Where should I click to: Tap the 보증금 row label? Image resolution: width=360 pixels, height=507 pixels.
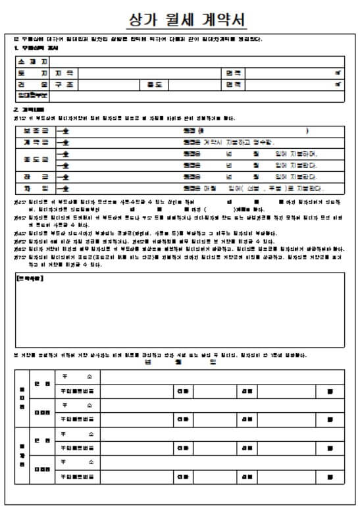(x=36, y=131)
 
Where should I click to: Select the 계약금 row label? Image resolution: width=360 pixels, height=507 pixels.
(x=36, y=142)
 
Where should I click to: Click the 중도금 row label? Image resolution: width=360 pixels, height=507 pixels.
(x=36, y=159)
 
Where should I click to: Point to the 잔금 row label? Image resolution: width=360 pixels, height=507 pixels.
(x=36, y=176)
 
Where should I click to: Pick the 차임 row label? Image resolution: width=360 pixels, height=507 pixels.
(x=36, y=188)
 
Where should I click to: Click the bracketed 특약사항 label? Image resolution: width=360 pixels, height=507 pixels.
(x=30, y=279)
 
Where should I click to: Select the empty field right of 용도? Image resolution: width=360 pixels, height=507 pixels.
(x=195, y=85)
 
